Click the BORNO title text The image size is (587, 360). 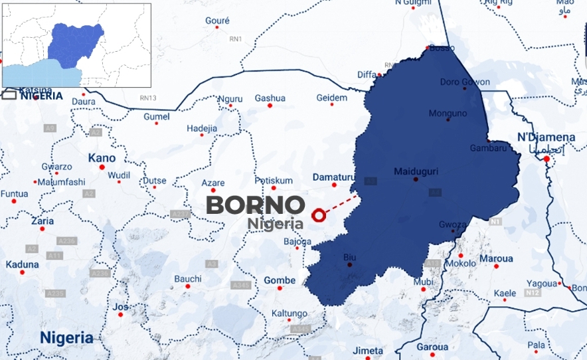256,205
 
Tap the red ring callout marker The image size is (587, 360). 319,215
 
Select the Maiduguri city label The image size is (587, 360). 416,171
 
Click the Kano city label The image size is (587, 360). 102,158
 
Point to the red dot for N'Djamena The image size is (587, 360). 546,159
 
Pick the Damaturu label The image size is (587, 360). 334,178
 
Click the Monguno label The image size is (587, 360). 448,113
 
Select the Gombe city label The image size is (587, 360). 280,280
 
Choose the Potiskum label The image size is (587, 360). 274,180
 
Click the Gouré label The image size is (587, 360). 217,21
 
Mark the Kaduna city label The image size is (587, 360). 22,264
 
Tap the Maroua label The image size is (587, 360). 496,258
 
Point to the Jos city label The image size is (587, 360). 120,307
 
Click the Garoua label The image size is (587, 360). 432,347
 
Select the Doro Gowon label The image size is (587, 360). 465,82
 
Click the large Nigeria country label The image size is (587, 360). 66,337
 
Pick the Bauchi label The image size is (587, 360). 188,279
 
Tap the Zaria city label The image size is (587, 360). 42,221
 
